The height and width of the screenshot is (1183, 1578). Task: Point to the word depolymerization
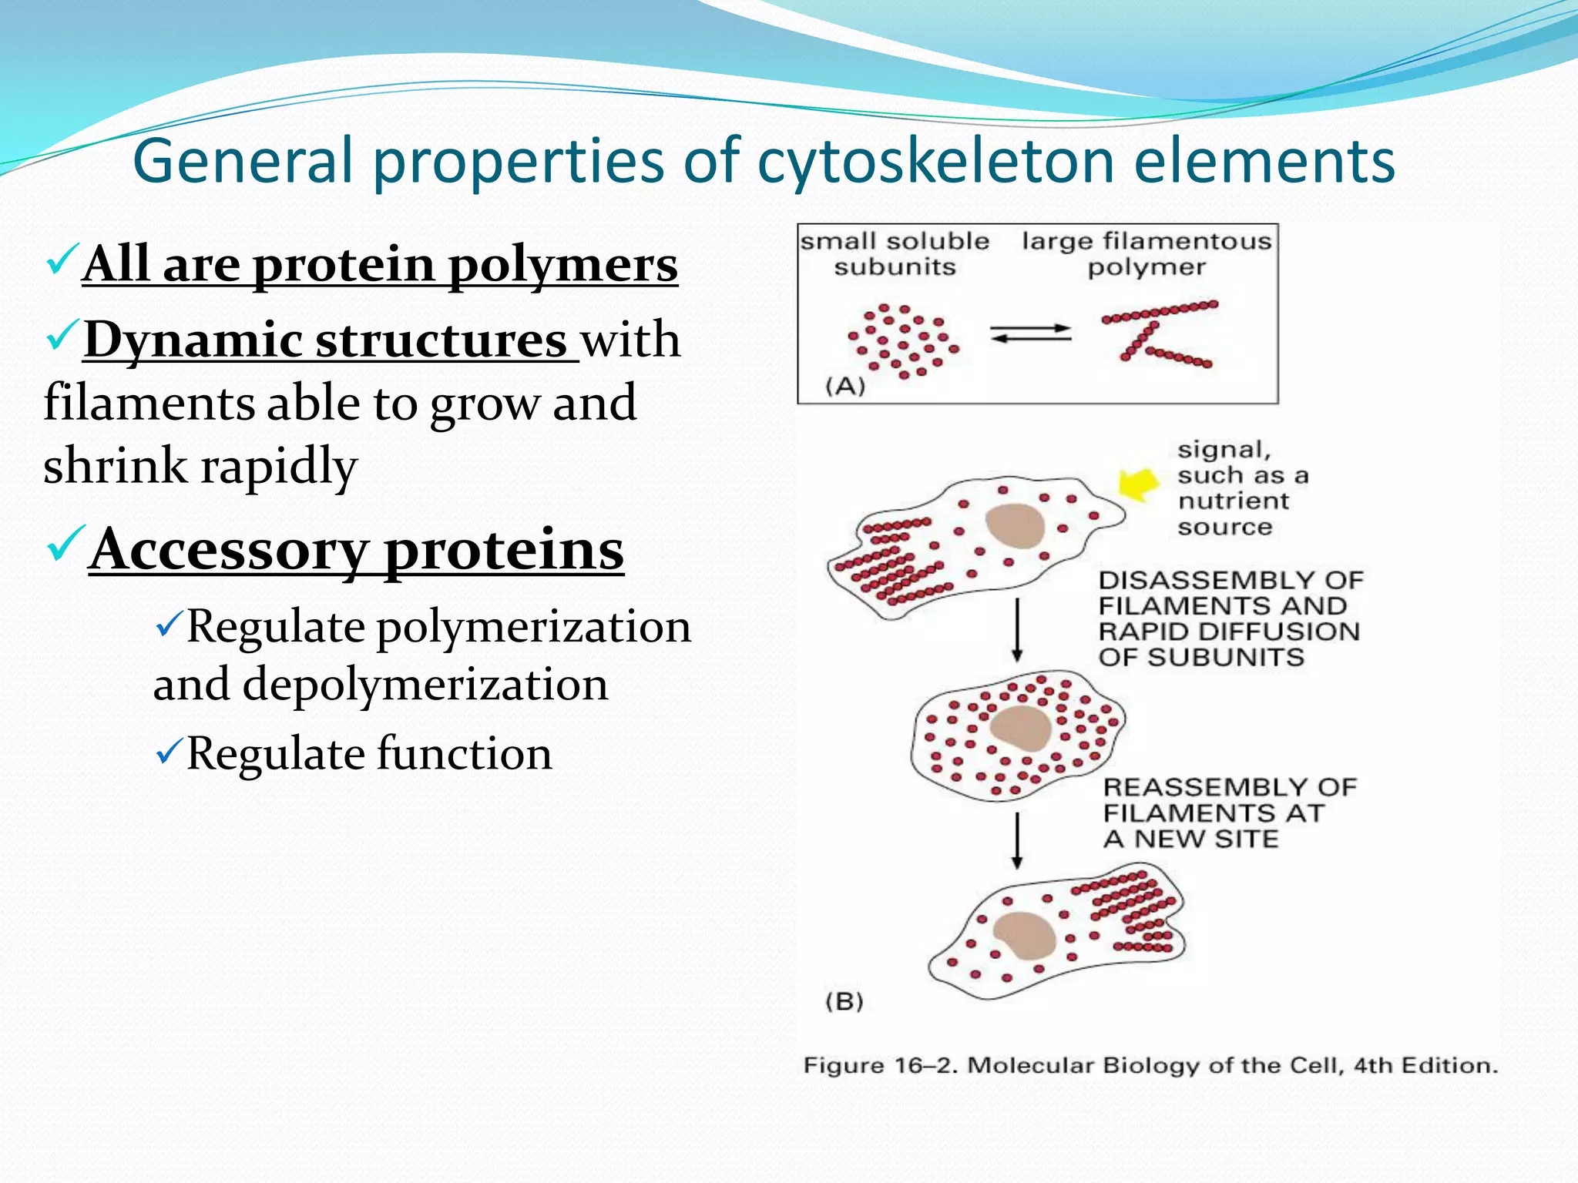(425, 685)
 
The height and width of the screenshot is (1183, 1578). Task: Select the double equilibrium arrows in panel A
(1030, 333)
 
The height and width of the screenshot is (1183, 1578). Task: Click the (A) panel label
(845, 385)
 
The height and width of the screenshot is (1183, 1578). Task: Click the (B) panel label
(844, 1001)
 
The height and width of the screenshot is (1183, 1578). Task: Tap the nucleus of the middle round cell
(1021, 728)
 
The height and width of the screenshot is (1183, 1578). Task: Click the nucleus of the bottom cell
(1026, 934)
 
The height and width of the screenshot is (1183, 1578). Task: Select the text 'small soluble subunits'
(895, 253)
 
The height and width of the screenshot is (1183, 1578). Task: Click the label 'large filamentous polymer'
(1147, 253)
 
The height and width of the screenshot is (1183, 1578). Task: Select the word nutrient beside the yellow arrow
(1233, 501)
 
